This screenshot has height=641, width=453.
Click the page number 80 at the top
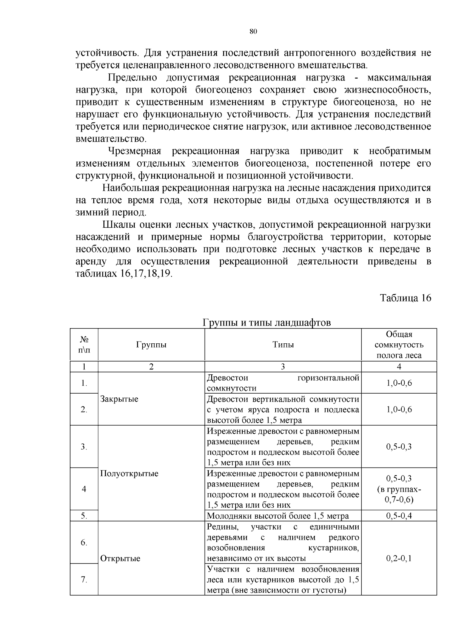pyautogui.click(x=253, y=31)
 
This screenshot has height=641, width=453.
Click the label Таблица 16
pyautogui.click(x=405, y=298)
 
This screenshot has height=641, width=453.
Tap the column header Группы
pyautogui.click(x=151, y=344)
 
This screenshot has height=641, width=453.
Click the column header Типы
pyautogui.click(x=283, y=344)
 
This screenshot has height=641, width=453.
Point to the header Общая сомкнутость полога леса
pyautogui.click(x=399, y=344)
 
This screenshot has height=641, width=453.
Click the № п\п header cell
pyautogui.click(x=84, y=344)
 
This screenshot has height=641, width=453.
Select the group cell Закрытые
pyautogui.click(x=119, y=399)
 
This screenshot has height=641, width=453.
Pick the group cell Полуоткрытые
pyautogui.click(x=129, y=474)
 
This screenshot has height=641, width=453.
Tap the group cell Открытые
pyautogui.click(x=120, y=558)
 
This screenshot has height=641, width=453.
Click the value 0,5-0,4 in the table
pyautogui.click(x=399, y=516)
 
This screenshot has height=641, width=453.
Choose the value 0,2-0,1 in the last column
pyautogui.click(x=399, y=558)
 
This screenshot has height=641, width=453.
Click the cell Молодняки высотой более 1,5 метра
pyautogui.click(x=278, y=516)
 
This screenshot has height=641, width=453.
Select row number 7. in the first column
pyautogui.click(x=84, y=579)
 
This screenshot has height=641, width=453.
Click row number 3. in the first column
pyautogui.click(x=84, y=447)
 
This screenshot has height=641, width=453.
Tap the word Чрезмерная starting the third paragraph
pyautogui.click(x=135, y=151)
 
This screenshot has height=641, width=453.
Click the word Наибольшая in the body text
pyautogui.click(x=128, y=188)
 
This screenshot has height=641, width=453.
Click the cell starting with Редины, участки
pyautogui.click(x=283, y=542)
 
